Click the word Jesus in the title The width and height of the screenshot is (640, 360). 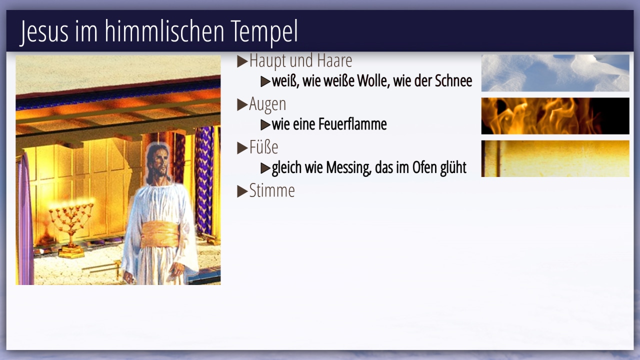click(44, 31)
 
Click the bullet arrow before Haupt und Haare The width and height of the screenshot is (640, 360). click(242, 61)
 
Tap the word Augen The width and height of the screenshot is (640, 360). click(267, 104)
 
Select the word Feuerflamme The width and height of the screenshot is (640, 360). click(352, 124)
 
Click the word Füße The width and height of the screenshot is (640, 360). click(263, 147)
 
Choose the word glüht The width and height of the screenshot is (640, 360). click(453, 167)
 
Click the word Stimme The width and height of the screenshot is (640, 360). click(271, 190)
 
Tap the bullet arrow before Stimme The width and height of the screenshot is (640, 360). click(242, 191)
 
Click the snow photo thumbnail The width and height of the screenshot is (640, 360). click(555, 73)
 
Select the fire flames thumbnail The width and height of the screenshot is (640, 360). click(555, 116)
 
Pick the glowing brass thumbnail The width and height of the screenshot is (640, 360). click(555, 158)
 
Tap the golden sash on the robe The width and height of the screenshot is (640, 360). click(160, 234)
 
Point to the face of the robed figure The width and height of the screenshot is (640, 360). click(159, 163)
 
